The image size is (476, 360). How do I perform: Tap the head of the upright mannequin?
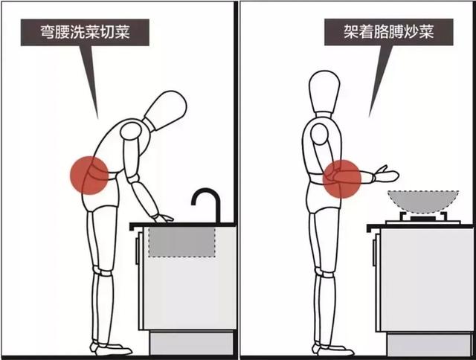(x=324, y=93)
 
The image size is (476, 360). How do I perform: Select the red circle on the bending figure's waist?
(x=91, y=176)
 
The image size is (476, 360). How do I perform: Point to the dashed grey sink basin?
(x=182, y=242)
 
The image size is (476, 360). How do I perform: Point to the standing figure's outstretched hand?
(x=387, y=176)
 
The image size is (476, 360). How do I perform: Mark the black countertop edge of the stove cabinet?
(x=421, y=225)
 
